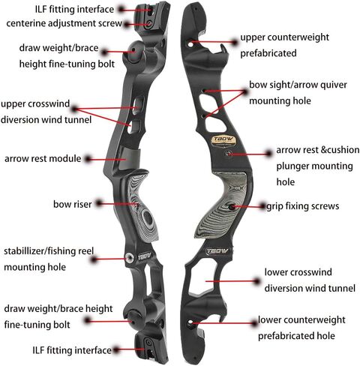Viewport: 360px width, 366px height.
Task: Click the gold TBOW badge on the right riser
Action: [x=223, y=141]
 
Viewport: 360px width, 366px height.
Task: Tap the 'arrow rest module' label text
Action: [x=43, y=159]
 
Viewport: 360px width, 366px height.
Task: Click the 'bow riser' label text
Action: [x=73, y=204]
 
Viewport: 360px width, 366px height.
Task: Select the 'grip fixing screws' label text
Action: [x=303, y=206]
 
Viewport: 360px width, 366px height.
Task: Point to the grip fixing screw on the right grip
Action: [x=232, y=207]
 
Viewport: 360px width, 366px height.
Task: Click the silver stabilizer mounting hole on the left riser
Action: [x=130, y=256]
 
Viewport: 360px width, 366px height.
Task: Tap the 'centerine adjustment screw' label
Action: [x=64, y=23]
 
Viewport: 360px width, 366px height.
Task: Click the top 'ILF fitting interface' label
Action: [x=74, y=10]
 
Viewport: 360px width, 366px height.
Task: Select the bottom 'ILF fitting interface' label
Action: [x=72, y=350]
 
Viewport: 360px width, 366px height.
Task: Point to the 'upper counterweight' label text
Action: [x=285, y=37]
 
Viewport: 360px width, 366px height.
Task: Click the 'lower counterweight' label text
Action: [x=301, y=320]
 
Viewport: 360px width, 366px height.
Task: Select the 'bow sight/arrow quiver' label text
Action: [x=298, y=85]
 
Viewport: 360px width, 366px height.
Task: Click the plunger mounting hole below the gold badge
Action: [x=228, y=153]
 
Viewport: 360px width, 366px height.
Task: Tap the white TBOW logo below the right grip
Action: [x=217, y=251]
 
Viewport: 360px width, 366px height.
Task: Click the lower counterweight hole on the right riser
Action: [x=191, y=322]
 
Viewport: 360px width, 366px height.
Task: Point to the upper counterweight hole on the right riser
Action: [x=190, y=44]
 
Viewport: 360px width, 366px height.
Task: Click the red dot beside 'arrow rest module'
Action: [x=88, y=159]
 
